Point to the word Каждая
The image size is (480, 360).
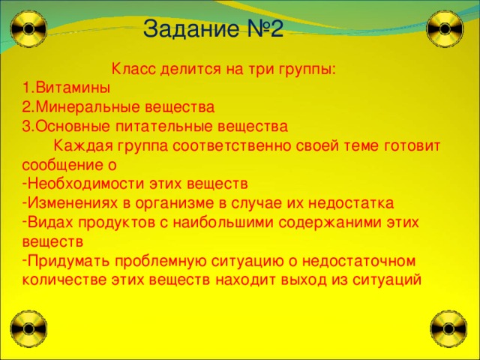click(84, 145)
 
